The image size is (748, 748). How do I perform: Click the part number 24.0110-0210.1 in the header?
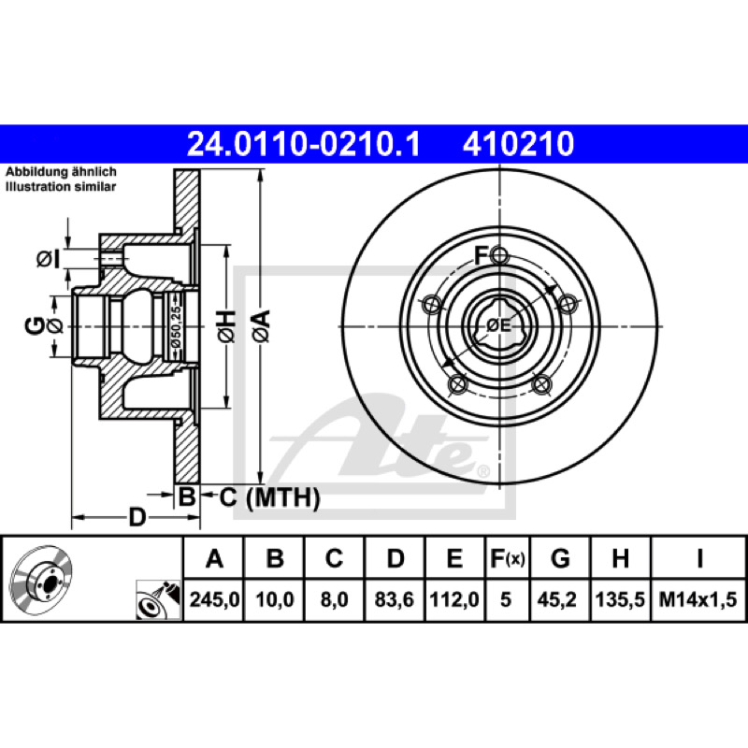[303, 144]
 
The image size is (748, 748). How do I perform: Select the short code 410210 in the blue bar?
[518, 144]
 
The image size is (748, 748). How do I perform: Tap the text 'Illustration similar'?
[61, 186]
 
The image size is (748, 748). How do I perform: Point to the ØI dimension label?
[49, 259]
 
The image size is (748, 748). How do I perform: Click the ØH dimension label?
[226, 325]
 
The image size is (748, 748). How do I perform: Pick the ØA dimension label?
[262, 325]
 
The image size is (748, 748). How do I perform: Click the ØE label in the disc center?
[499, 325]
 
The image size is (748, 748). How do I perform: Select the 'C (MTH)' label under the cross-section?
[269, 497]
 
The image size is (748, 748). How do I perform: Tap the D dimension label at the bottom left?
[137, 517]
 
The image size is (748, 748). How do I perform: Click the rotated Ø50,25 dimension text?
[176, 326]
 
